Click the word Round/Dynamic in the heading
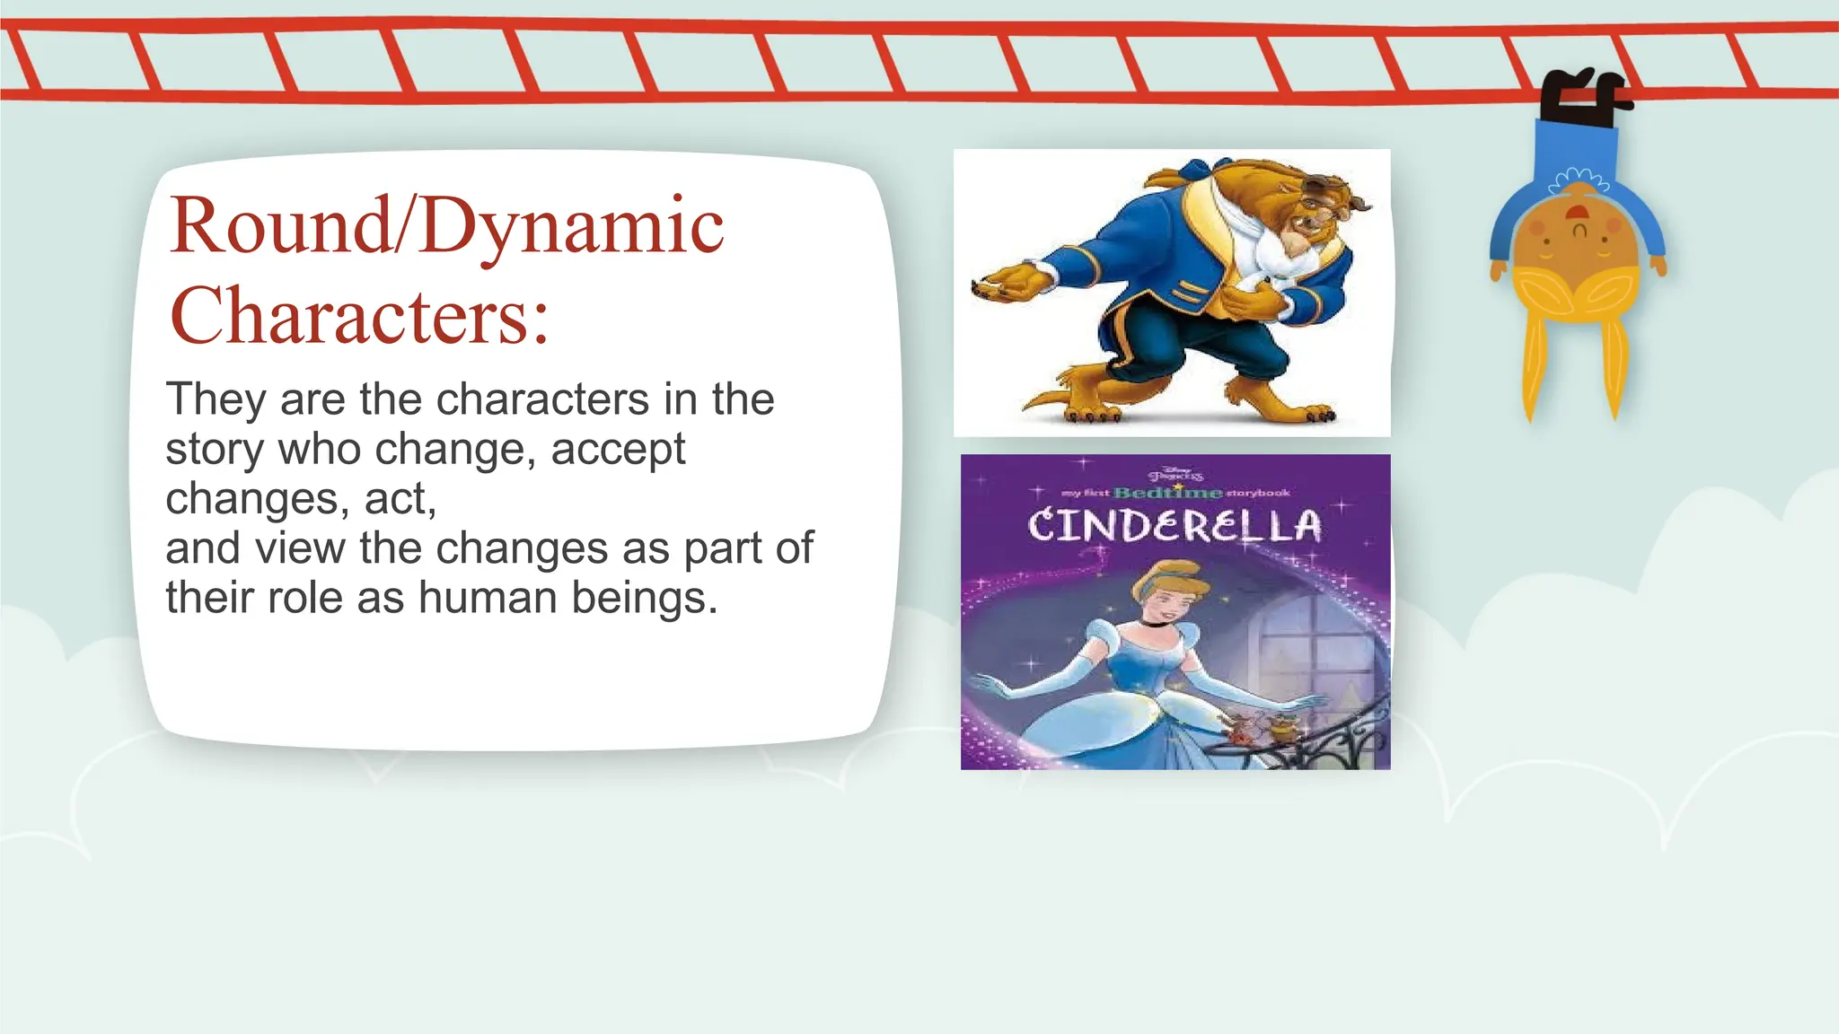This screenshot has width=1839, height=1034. [446, 226]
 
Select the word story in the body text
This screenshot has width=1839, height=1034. [216, 450]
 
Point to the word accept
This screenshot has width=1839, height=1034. [618, 450]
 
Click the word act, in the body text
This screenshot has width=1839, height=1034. [400, 499]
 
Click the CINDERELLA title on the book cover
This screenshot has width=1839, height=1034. [1175, 525]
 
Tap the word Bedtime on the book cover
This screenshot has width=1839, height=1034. [1167, 493]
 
